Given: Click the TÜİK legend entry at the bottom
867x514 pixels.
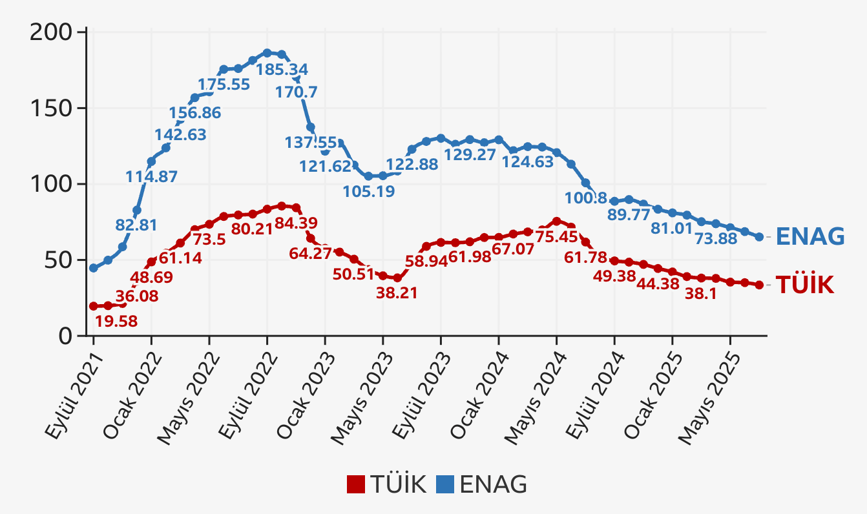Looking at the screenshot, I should (x=386, y=484).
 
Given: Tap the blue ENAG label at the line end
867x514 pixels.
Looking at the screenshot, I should (x=810, y=237).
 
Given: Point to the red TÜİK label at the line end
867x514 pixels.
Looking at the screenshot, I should (x=804, y=285).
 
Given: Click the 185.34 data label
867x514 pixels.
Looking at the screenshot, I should (x=282, y=69).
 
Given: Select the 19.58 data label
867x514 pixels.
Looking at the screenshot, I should (x=116, y=321).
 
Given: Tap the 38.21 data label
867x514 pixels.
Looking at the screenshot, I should (x=397, y=293).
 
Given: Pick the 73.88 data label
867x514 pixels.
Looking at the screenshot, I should (x=715, y=238).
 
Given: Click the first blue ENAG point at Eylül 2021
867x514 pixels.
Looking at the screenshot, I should (x=94, y=268).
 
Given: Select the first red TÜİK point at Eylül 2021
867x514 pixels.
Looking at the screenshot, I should (x=94, y=306).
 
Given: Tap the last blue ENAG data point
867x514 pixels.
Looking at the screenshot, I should (x=759, y=237).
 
